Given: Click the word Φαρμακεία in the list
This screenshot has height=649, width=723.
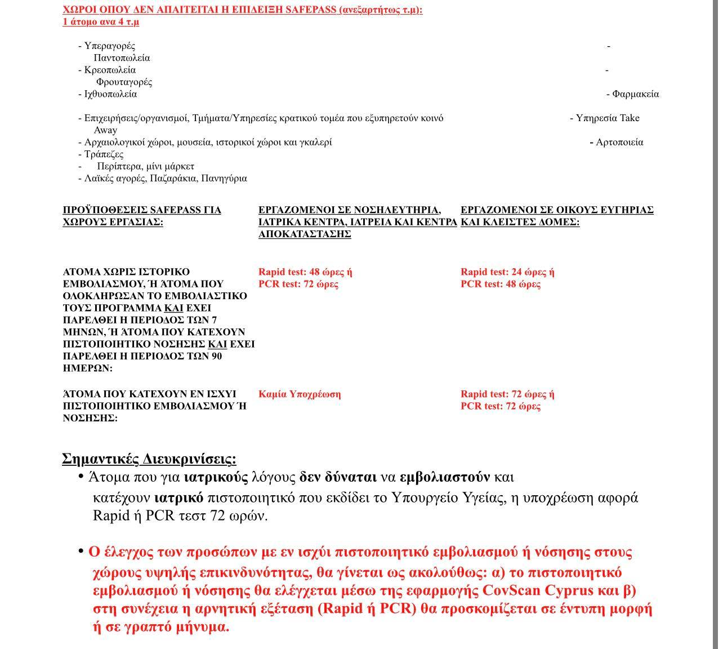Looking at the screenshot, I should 635,94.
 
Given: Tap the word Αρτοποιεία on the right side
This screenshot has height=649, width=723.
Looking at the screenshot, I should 619,142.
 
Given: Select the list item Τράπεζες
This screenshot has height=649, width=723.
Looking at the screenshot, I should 104,154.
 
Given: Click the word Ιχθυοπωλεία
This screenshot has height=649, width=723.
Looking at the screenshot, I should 110,94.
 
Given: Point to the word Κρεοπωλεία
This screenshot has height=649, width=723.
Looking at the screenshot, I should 110,70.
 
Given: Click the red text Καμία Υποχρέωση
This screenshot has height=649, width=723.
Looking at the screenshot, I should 299,394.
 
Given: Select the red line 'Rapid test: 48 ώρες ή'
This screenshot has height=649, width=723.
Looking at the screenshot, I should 305,272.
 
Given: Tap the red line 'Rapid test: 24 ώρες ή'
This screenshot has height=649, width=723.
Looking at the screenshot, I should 507,272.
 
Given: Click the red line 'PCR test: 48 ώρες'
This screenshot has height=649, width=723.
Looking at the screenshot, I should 500,284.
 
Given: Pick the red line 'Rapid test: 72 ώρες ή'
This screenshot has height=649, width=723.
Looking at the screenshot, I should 507,394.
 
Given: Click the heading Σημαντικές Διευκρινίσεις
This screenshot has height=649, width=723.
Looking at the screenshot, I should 149,459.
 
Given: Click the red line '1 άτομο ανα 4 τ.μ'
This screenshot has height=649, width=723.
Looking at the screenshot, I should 101,22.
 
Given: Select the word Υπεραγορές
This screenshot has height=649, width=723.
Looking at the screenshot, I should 110,46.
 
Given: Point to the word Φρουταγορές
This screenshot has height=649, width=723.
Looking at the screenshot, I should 124,82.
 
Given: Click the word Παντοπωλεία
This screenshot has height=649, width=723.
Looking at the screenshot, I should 122,58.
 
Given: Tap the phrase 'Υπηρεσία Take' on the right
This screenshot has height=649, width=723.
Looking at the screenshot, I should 608,118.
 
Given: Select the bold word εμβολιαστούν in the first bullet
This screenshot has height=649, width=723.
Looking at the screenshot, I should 444,477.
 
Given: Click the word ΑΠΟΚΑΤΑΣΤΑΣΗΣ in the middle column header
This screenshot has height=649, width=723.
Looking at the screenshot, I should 305,234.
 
